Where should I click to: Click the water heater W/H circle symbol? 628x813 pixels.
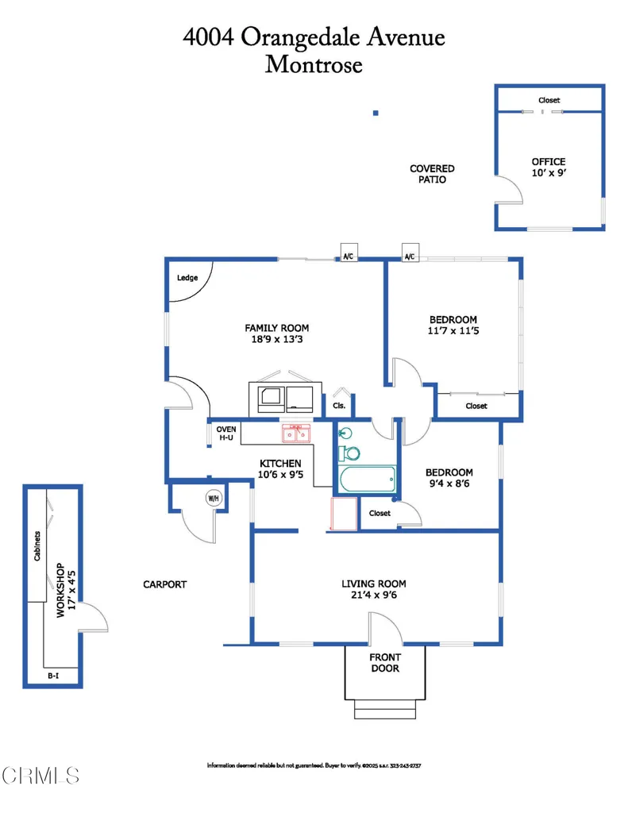coord(214,499)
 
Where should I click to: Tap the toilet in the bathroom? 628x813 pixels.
coord(349,453)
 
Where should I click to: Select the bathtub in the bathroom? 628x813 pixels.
coord(368,479)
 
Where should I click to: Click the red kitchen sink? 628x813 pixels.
coord(296,433)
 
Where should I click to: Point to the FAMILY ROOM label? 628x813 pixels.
coord(277,328)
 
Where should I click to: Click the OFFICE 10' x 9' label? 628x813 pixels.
coord(549,168)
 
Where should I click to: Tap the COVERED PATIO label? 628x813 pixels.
coord(432,174)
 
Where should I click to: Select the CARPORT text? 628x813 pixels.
coord(165,584)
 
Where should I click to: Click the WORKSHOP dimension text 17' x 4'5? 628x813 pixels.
coord(71,590)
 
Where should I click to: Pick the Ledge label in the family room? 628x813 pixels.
coord(187,278)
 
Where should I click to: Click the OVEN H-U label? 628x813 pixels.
coord(226,433)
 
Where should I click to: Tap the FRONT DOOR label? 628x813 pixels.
coord(385,663)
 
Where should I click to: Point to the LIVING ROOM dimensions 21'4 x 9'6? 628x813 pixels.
coord(374,595)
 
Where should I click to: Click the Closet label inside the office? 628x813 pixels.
coord(549,100)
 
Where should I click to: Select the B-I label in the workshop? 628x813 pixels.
coord(53,676)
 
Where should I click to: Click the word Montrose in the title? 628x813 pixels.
coord(314,65)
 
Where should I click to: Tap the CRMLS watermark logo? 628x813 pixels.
coord(40,776)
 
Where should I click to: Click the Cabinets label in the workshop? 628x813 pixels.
coord(37,546)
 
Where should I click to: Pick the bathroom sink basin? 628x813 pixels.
coord(345,433)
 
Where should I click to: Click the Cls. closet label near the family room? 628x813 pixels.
coord(339,406)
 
